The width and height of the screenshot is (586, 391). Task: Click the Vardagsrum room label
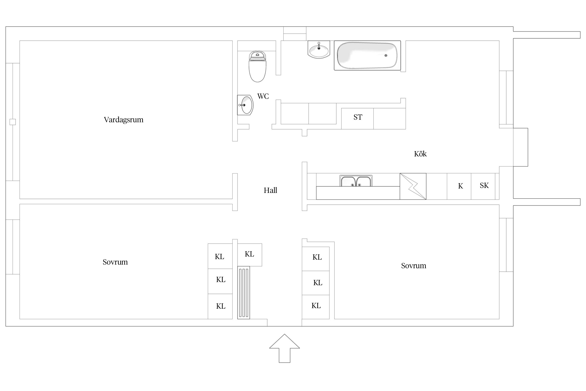click(123, 120)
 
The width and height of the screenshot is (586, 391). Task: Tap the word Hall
click(270, 190)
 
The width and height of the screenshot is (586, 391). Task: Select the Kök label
click(420, 154)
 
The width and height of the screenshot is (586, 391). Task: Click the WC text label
click(263, 96)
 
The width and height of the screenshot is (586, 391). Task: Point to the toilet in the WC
click(258, 66)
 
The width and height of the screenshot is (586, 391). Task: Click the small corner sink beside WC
click(245, 105)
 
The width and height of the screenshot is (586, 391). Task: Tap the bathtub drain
click(386, 56)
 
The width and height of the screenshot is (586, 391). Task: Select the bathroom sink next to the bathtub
click(319, 50)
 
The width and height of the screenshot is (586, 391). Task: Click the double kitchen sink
click(356, 181)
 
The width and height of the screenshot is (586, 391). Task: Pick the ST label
click(358, 117)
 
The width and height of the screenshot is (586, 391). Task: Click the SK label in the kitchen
click(484, 185)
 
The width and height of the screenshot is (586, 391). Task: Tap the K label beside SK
click(460, 186)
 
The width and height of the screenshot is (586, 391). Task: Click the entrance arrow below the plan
click(284, 348)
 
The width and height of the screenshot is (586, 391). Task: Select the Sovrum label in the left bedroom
click(115, 262)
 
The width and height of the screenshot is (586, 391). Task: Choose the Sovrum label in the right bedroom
click(414, 266)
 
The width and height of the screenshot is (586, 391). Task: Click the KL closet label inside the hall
click(249, 254)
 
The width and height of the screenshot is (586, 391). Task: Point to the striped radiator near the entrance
click(244, 292)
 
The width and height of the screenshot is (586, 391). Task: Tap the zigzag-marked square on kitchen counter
click(413, 186)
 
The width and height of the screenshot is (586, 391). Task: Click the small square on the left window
click(13, 122)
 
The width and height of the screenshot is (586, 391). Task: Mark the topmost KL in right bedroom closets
click(317, 257)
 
